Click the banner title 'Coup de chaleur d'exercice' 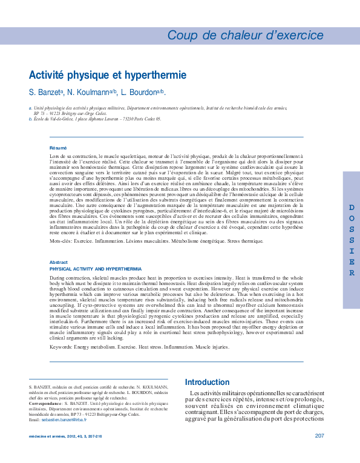point(245,35)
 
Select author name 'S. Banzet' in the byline point(45,93)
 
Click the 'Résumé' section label point(58,148)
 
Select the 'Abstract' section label point(59,262)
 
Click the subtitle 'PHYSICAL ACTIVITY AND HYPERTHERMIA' point(96,268)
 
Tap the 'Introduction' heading point(208,383)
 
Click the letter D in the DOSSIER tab point(352,208)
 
